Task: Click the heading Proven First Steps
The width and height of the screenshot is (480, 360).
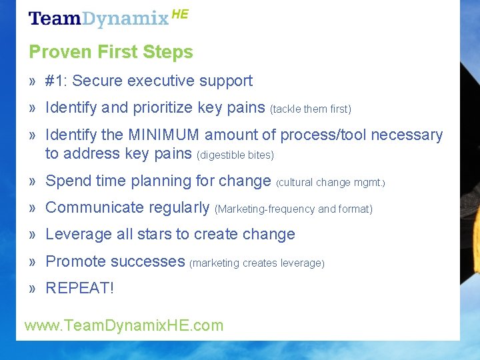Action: pos(111,52)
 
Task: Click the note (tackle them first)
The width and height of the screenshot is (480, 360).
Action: pos(310,109)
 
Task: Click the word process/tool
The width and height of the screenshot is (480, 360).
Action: pos(323,135)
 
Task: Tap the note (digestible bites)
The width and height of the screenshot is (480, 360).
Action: pos(235,155)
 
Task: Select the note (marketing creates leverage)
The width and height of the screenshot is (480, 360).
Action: pos(257,263)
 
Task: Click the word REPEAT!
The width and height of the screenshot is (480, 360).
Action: pos(79,289)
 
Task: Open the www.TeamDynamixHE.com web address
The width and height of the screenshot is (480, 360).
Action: pos(124,325)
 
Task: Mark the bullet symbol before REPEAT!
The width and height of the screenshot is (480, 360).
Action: pos(32,289)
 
